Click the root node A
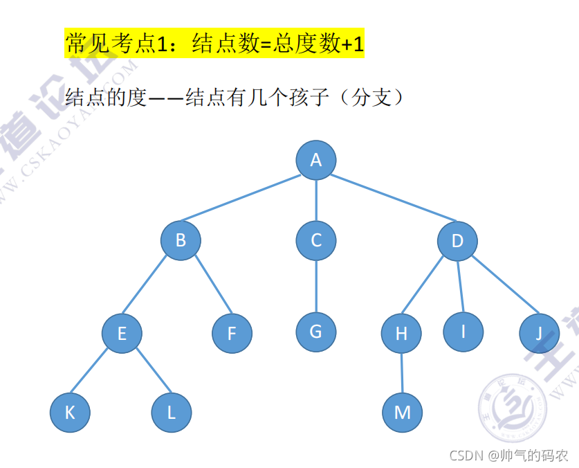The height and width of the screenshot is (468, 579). [x=316, y=161]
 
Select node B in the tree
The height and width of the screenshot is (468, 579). [x=181, y=241]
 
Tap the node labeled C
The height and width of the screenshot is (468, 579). [x=316, y=241]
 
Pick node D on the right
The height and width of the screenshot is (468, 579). [x=457, y=241]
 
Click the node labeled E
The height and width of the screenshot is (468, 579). [x=122, y=334]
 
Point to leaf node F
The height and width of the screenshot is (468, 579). [x=232, y=334]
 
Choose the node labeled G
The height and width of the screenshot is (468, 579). [x=315, y=332]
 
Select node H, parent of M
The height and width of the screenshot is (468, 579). [x=401, y=334]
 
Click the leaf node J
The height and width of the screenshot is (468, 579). [x=539, y=334]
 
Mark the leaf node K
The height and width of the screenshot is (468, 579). [x=70, y=413]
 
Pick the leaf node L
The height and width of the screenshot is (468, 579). [x=171, y=413]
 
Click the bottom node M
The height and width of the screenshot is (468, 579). [x=402, y=413]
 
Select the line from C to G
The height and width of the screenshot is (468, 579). [x=316, y=286]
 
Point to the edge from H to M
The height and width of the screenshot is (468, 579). [x=401, y=373]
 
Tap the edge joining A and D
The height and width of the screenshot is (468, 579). [x=387, y=201]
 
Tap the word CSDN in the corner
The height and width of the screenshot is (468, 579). [x=465, y=456]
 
